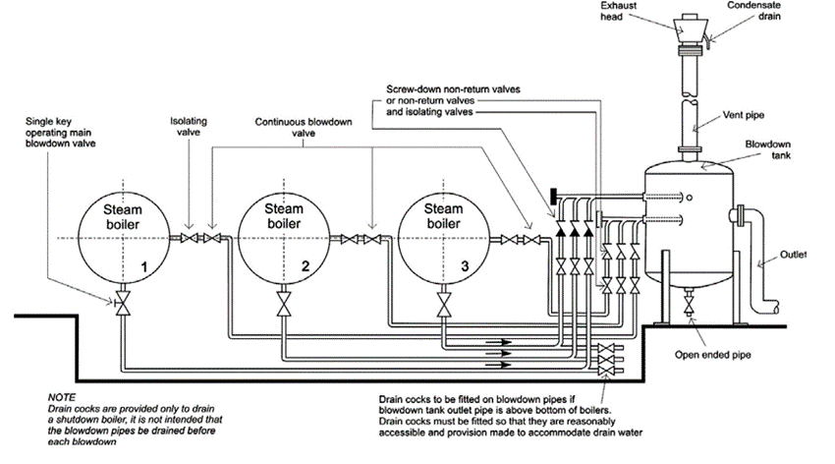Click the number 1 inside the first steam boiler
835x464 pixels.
(x=143, y=266)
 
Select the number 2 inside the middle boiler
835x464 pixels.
(x=306, y=265)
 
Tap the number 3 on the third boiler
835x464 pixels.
(x=465, y=265)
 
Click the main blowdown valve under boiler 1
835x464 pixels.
(x=123, y=303)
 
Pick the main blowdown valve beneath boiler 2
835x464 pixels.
(x=284, y=304)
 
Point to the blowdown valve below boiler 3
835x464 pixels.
(x=444, y=304)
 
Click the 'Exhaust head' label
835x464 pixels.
(x=618, y=11)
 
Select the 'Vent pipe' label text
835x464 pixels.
(x=744, y=115)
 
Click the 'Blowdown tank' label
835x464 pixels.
(x=767, y=149)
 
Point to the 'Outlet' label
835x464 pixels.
(x=793, y=255)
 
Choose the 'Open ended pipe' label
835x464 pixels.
(x=712, y=355)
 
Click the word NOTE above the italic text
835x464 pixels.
(x=62, y=397)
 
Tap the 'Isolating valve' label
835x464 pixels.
(x=189, y=127)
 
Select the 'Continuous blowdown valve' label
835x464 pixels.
(x=303, y=128)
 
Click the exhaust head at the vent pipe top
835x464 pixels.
(x=691, y=32)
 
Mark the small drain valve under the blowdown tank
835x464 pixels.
(x=689, y=305)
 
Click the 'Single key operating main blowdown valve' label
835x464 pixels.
(x=60, y=132)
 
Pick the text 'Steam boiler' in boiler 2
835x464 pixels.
(x=284, y=215)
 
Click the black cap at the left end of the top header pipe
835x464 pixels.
(x=553, y=196)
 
